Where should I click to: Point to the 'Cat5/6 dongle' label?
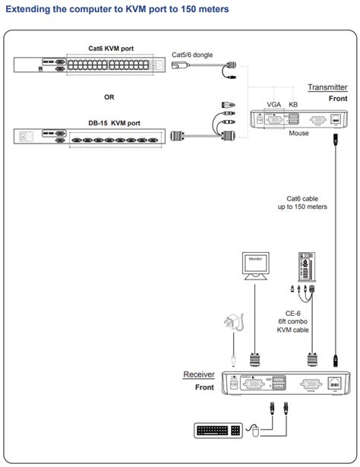[193, 55]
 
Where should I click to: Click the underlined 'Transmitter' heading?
[327, 87]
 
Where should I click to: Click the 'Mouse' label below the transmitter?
[298, 132]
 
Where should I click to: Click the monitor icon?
[254, 267]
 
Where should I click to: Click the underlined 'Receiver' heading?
[199, 374]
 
